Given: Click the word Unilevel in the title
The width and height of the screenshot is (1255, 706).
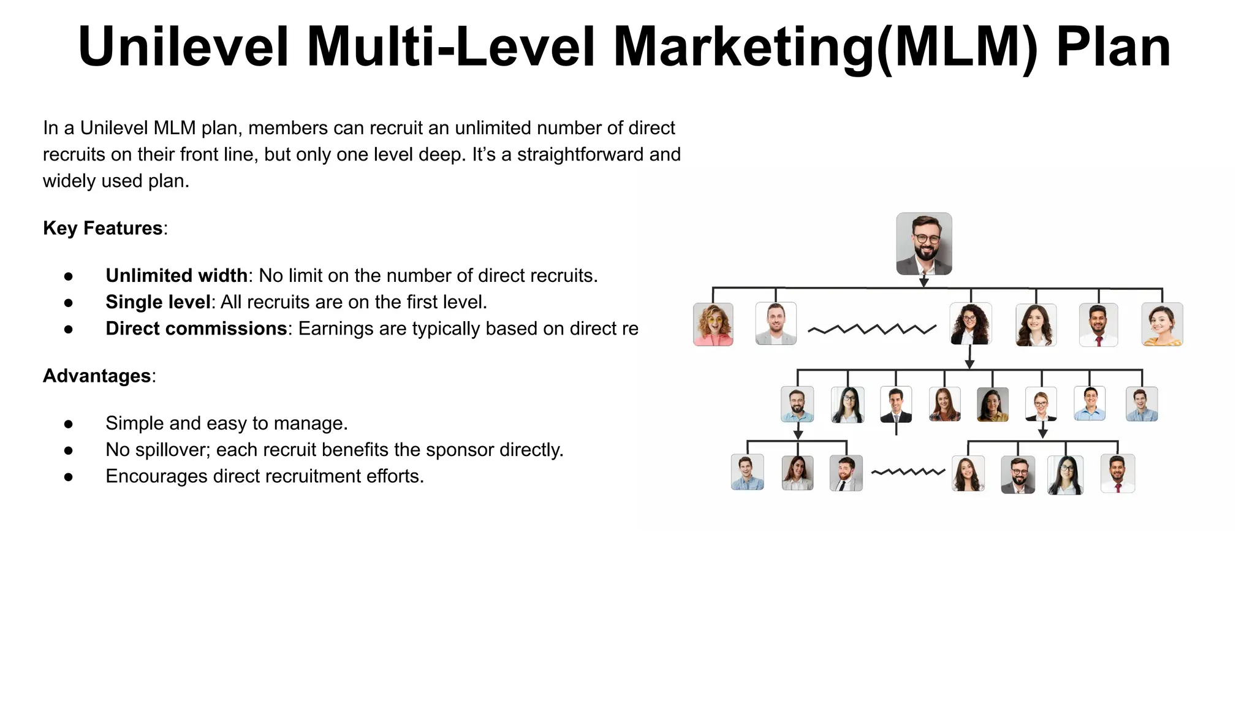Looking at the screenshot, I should tap(183, 47).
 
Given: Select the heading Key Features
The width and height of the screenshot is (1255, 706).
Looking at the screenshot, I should tap(102, 228).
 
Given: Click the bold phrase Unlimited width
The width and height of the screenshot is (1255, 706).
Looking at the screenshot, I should tap(176, 275).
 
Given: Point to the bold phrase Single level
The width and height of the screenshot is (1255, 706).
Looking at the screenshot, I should tap(157, 302).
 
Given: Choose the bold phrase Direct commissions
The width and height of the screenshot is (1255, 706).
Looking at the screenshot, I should tap(195, 328).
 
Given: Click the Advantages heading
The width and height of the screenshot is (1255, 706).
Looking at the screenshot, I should tap(97, 376).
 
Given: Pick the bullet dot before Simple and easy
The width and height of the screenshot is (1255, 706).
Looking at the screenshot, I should tap(69, 423).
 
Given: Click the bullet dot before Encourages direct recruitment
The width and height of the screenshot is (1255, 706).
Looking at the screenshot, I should tap(69, 476).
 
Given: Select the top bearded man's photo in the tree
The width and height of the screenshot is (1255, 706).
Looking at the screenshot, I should tap(923, 243).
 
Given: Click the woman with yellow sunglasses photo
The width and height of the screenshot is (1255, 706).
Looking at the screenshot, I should tap(713, 324).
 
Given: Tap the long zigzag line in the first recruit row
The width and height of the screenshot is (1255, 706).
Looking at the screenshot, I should tap(871, 329).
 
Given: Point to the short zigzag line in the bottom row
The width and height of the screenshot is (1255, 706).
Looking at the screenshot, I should tap(908, 472).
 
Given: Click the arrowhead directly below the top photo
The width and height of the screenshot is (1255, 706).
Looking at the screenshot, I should tap(924, 282).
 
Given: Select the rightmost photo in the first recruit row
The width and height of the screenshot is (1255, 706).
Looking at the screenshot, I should tap(1162, 324).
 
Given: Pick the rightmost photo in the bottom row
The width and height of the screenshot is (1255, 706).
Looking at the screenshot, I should tap(1118, 473).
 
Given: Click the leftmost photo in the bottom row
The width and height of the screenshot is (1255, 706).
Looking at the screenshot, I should tap(748, 472).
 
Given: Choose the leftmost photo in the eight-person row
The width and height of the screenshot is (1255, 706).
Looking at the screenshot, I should tap(797, 404).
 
